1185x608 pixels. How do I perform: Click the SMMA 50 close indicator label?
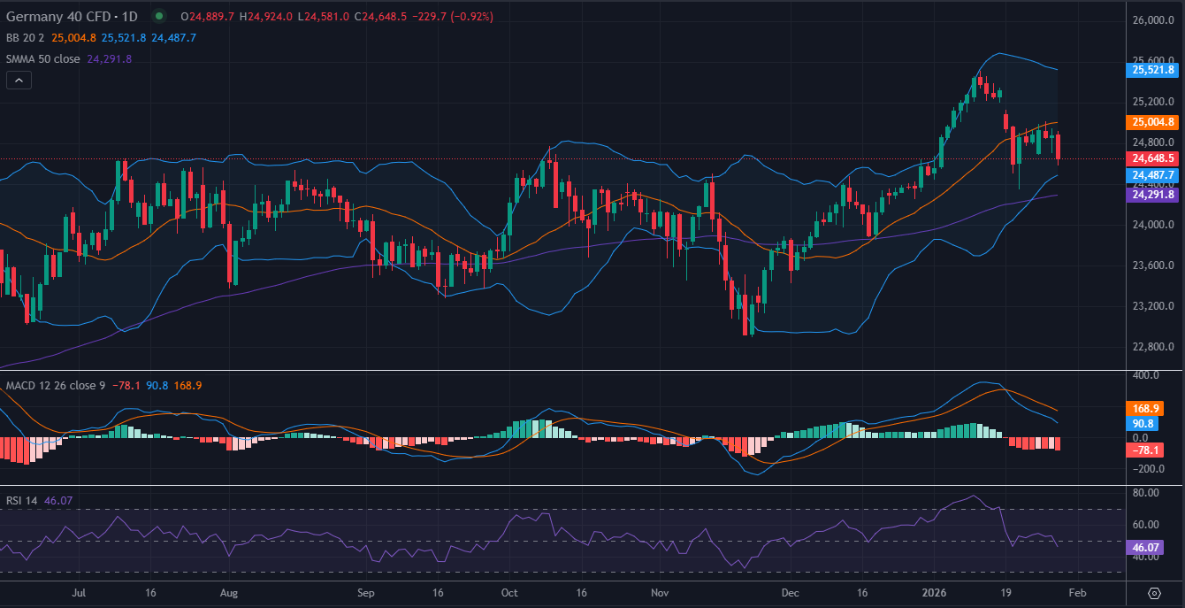[x=44, y=58]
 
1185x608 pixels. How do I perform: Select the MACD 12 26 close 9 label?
[x=56, y=386]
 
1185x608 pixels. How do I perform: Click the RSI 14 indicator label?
[x=21, y=501]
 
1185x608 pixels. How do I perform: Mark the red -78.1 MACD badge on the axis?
[x=1151, y=451]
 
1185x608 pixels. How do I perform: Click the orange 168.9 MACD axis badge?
[x=1151, y=409]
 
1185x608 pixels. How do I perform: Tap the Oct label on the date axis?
[x=508, y=592]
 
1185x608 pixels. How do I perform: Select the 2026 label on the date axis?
[x=934, y=592]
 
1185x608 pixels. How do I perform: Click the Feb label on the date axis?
[x=1078, y=592]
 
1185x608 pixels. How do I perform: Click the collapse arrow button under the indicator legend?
[x=19, y=80]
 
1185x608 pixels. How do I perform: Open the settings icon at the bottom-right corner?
[x=1155, y=592]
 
